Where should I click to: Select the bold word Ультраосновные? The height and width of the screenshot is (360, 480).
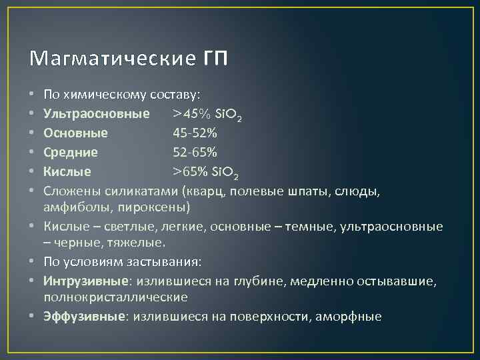point(97,114)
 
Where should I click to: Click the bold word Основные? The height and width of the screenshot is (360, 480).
point(76,133)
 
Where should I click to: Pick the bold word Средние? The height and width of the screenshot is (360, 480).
point(71,152)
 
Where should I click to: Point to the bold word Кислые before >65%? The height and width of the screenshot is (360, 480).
point(67,171)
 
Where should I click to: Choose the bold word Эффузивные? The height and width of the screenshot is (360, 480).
point(84,316)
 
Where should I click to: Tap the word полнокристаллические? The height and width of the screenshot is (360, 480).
point(115,296)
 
